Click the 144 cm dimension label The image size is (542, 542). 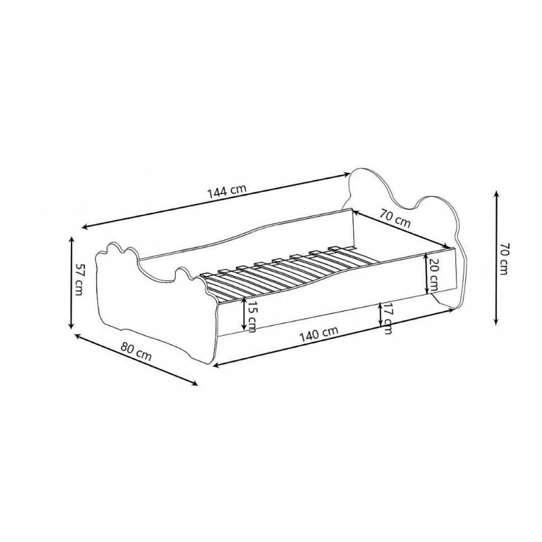point(227,192)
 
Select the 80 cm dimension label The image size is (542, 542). point(136,351)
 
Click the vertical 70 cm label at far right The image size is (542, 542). point(505,258)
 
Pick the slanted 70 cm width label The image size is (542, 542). point(395,218)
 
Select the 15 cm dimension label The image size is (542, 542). point(252,316)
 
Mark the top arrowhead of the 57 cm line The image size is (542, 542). point(71,239)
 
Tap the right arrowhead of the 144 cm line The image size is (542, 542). point(347,175)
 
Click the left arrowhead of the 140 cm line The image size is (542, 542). point(216,364)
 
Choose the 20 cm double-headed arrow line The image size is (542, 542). point(426,274)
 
